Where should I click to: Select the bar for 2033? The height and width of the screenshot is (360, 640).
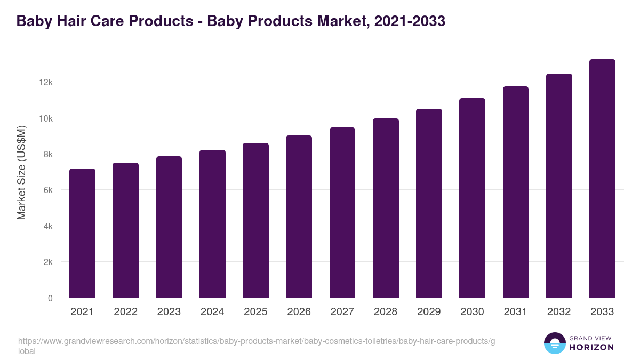[x=602, y=179]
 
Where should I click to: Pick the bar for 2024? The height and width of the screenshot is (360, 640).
[x=212, y=224]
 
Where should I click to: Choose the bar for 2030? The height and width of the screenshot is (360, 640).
[x=472, y=198]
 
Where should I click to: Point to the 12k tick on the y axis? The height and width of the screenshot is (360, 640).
[x=46, y=82]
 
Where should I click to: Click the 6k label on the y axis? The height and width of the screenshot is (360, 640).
[x=47, y=190]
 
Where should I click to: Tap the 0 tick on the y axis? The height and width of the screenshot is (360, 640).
[x=50, y=298]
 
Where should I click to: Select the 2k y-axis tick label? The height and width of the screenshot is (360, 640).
[x=47, y=262]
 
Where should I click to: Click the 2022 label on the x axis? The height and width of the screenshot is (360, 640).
[x=125, y=312]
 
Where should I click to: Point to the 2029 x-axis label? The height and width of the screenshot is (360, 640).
[x=429, y=312]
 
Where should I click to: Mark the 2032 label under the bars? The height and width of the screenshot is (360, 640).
[x=559, y=312]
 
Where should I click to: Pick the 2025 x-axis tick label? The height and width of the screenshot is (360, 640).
[x=255, y=312]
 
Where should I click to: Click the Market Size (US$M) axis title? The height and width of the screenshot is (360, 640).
[x=22, y=173]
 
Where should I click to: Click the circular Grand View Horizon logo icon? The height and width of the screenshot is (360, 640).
[x=554, y=343]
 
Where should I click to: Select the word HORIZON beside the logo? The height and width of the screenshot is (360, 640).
[x=591, y=347]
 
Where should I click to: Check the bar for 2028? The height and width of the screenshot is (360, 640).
[x=386, y=208]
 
